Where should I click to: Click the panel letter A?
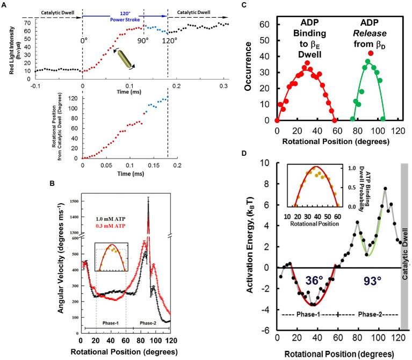pos(4,4)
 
